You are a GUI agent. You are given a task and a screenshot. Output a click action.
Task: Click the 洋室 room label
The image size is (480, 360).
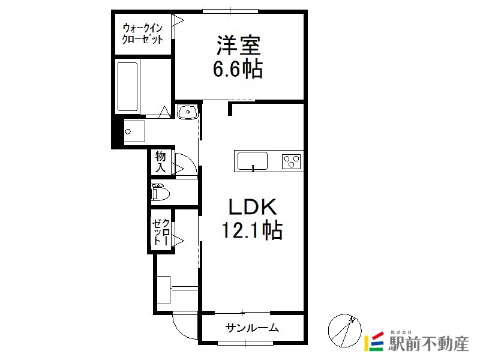tap(238, 46)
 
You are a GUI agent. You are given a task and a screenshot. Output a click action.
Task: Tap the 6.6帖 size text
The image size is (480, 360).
tap(238, 69)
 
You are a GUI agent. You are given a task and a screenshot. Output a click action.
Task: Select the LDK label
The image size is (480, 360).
tap(253, 206)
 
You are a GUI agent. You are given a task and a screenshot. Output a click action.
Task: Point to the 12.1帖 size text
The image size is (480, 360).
tap(251, 230)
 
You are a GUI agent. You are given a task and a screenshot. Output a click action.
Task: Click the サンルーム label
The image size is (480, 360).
tap(252, 328)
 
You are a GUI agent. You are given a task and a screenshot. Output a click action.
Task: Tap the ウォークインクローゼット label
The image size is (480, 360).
tap(142, 34)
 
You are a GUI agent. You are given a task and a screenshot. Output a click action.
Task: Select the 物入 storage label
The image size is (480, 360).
tap(160, 161)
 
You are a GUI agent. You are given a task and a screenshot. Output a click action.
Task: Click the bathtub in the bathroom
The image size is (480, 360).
tap(127, 86)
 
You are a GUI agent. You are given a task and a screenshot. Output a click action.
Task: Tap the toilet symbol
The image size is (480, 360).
tap(160, 192)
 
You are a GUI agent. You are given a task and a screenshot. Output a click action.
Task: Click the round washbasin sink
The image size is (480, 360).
tap(188, 112)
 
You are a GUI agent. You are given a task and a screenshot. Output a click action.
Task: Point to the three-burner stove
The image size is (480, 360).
tap(291, 161)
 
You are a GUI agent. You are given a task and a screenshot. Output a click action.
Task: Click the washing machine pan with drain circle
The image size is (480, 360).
tap(134, 131)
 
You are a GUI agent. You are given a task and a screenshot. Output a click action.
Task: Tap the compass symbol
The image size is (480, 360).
tap(344, 331)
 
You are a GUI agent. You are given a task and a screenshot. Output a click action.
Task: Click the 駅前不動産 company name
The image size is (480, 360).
tap(428, 343)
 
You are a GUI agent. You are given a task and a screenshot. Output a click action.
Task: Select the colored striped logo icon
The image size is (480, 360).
tap(374, 341)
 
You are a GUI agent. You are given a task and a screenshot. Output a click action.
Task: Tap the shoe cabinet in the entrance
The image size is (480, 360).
tap(163, 290)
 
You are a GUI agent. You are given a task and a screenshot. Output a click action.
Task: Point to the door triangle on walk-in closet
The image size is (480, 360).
tap(178, 20)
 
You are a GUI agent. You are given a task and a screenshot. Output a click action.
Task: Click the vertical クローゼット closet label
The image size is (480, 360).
tap(161, 232)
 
